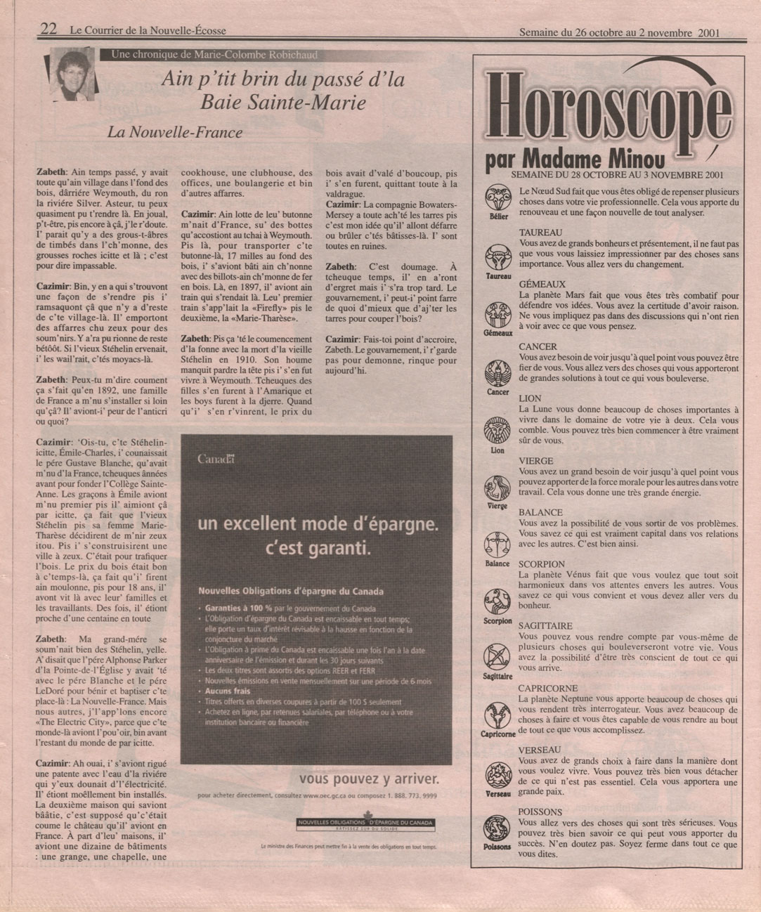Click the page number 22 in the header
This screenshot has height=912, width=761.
coord(48,29)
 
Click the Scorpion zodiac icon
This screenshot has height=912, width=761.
coord(497,601)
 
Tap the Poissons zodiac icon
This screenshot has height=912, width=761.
coord(497,826)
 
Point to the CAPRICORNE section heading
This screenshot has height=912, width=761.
coord(548,689)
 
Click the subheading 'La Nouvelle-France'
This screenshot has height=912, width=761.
coord(175,132)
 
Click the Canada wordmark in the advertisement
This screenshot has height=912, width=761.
coord(216,460)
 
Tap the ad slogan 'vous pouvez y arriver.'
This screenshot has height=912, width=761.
coord(369,779)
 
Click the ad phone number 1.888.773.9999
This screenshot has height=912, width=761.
coord(412,796)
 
